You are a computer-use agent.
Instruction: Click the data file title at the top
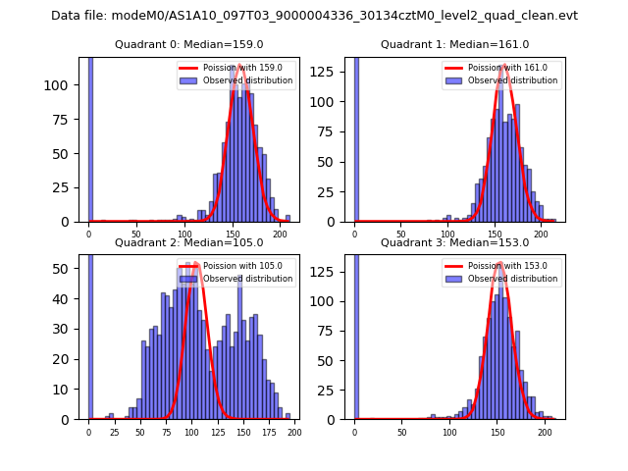314,16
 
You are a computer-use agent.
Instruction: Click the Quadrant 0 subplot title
189,44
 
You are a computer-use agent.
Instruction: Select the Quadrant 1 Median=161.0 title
454,44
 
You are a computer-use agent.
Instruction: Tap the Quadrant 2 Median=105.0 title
189,242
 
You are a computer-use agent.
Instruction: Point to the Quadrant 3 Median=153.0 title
454,242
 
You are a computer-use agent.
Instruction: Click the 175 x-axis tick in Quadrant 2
268,432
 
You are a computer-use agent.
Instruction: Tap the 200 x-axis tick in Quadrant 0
280,235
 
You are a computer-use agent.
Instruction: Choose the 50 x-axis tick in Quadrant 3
401,432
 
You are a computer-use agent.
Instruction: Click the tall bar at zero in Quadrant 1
355,137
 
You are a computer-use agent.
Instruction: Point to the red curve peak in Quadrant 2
195,263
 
